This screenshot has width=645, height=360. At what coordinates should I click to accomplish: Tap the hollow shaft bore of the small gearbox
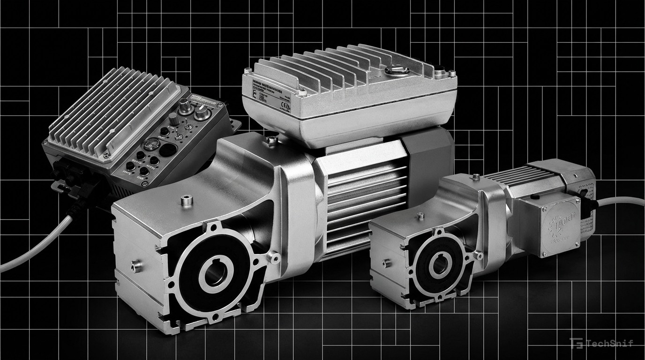(x=439, y=265)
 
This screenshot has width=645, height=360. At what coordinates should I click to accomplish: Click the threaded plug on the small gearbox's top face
(x=420, y=217)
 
